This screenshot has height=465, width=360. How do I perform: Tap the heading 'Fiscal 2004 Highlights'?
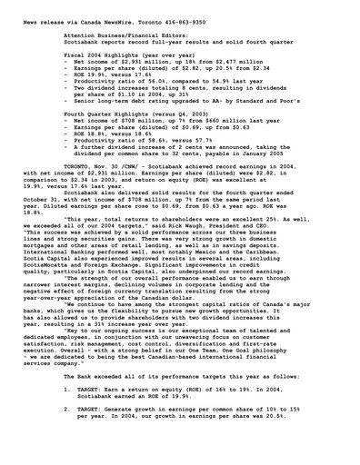pyautogui.click(x=105, y=55)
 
